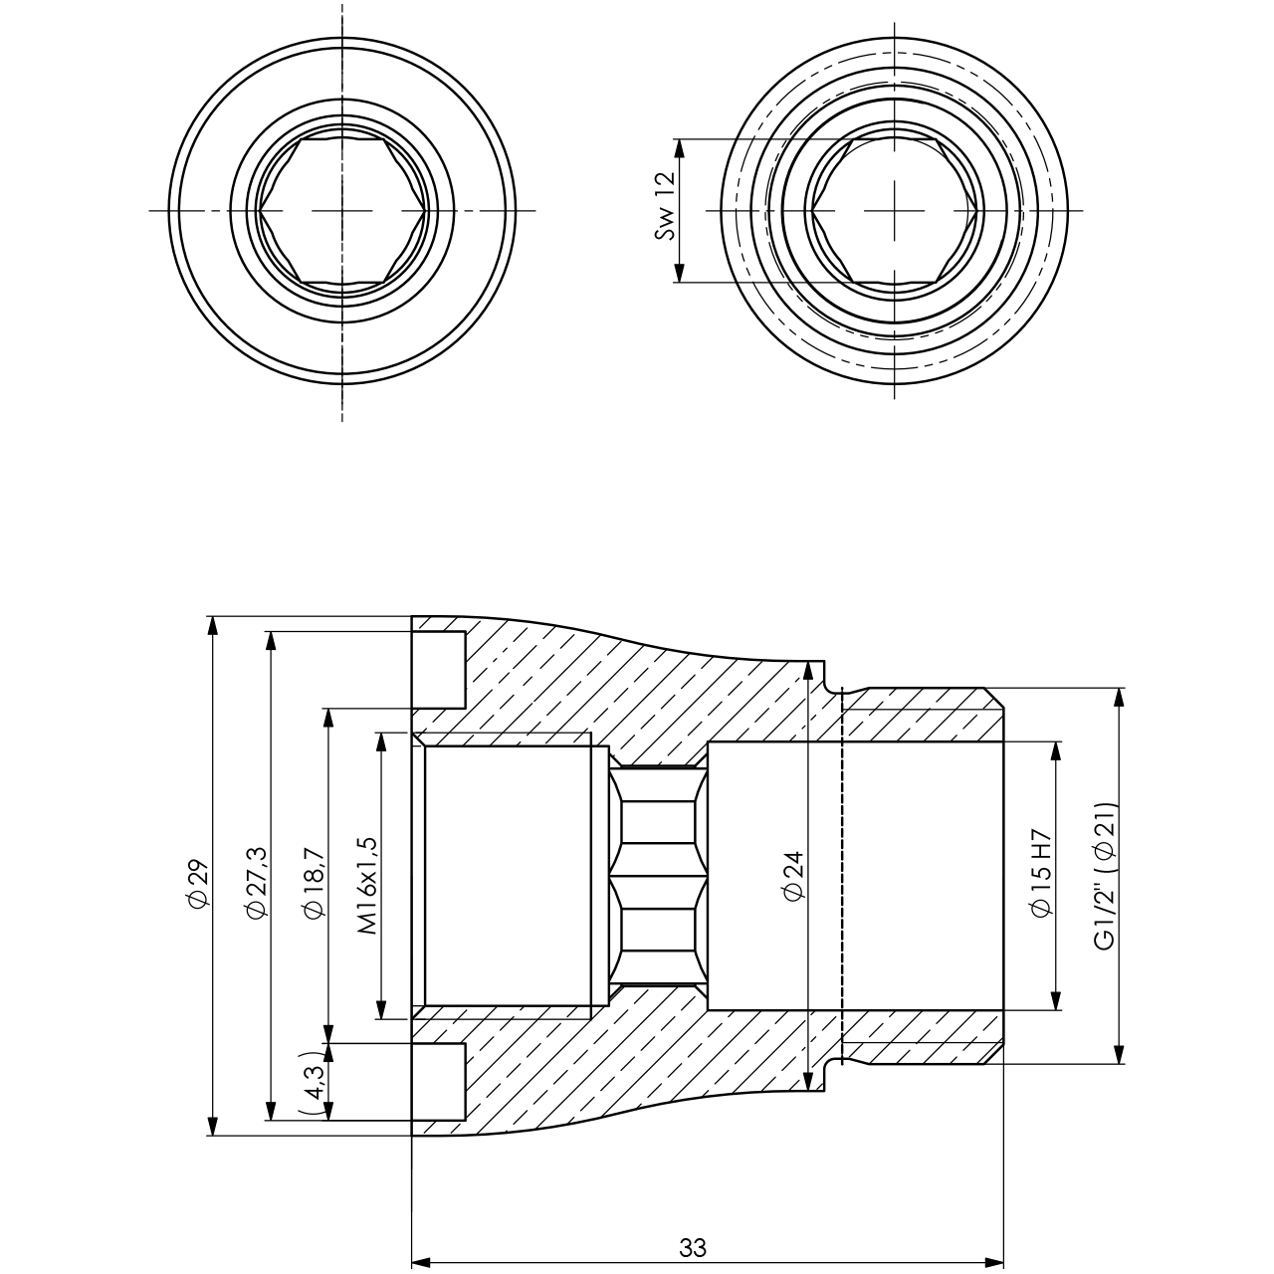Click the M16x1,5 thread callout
[x=367, y=884]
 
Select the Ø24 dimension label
[x=793, y=876]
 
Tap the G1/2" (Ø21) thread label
[x=1105, y=876]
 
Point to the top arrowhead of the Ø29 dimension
[x=211, y=624]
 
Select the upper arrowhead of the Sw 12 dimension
[x=680, y=146]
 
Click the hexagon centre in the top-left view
[x=342, y=210]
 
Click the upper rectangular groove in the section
[x=438, y=667]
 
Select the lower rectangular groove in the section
[x=438, y=1080]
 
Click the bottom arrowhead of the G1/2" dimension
[x=1120, y=1056]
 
